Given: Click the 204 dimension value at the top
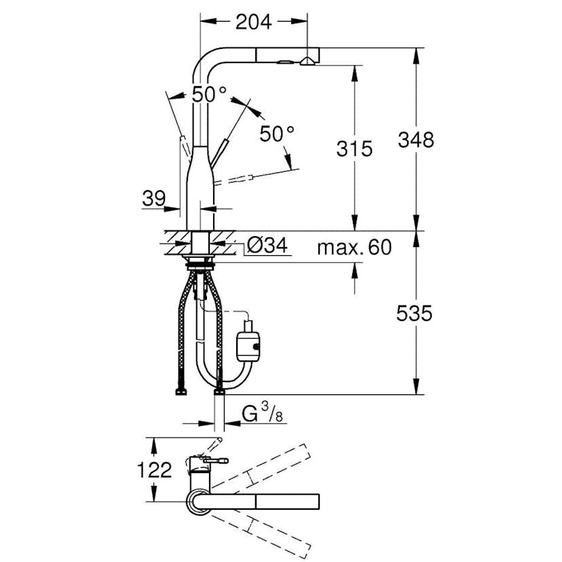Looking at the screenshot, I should tap(253, 22).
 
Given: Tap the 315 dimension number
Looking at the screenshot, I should tap(354, 149).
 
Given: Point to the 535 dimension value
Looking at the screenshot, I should tap(414, 313).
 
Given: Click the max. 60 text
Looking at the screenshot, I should tap(354, 248).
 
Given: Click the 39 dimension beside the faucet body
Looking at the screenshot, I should tap(154, 198).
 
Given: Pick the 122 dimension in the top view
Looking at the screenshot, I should tap(153, 470).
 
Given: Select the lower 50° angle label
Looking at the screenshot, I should tap(276, 133).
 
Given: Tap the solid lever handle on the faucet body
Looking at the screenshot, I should tap(219, 153).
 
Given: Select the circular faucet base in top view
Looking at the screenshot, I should tap(198, 501).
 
